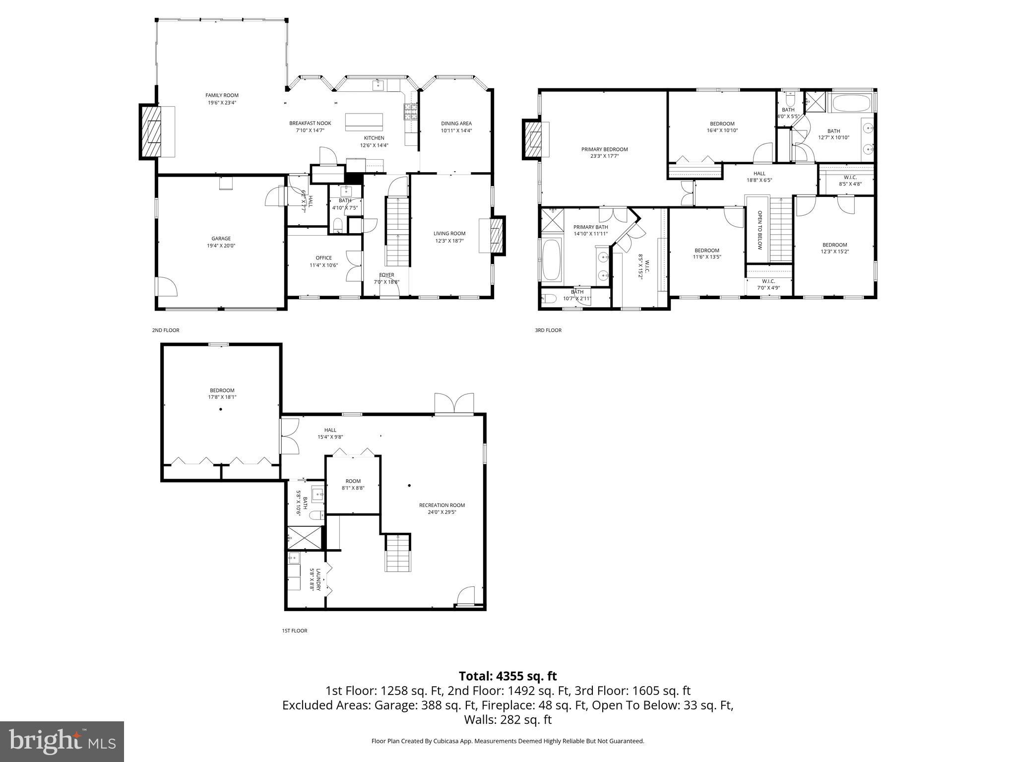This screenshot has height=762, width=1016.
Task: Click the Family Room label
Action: pyautogui.click(x=222, y=95)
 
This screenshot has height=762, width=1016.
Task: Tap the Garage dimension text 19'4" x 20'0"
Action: pyautogui.click(x=221, y=246)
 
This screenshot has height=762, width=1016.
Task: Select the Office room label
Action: pyautogui.click(x=323, y=257)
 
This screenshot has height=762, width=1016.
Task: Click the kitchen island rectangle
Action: pyautogui.click(x=364, y=121)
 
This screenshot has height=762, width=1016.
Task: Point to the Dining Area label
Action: pyautogui.click(x=456, y=124)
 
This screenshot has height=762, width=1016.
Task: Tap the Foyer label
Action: pyautogui.click(x=386, y=275)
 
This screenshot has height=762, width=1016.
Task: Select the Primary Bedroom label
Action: pyautogui.click(x=604, y=149)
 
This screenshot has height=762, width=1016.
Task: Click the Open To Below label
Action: pyautogui.click(x=759, y=230)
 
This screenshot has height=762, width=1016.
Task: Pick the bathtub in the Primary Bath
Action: pyautogui.click(x=552, y=260)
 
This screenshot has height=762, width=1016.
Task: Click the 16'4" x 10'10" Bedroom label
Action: pyautogui.click(x=722, y=124)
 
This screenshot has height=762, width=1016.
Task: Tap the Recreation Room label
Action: pyautogui.click(x=442, y=506)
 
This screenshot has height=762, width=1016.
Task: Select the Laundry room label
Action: pyautogui.click(x=317, y=579)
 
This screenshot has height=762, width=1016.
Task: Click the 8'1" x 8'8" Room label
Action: pyautogui.click(x=353, y=481)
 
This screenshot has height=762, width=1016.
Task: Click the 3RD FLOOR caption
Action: pyautogui.click(x=548, y=330)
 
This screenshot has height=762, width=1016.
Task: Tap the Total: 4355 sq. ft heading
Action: pyautogui.click(x=508, y=676)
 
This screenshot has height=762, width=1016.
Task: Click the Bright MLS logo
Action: pyautogui.click(x=62, y=741)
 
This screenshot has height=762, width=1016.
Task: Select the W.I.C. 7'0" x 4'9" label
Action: pyautogui.click(x=768, y=281)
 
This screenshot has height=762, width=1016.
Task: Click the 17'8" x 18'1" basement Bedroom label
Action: pyautogui.click(x=222, y=390)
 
